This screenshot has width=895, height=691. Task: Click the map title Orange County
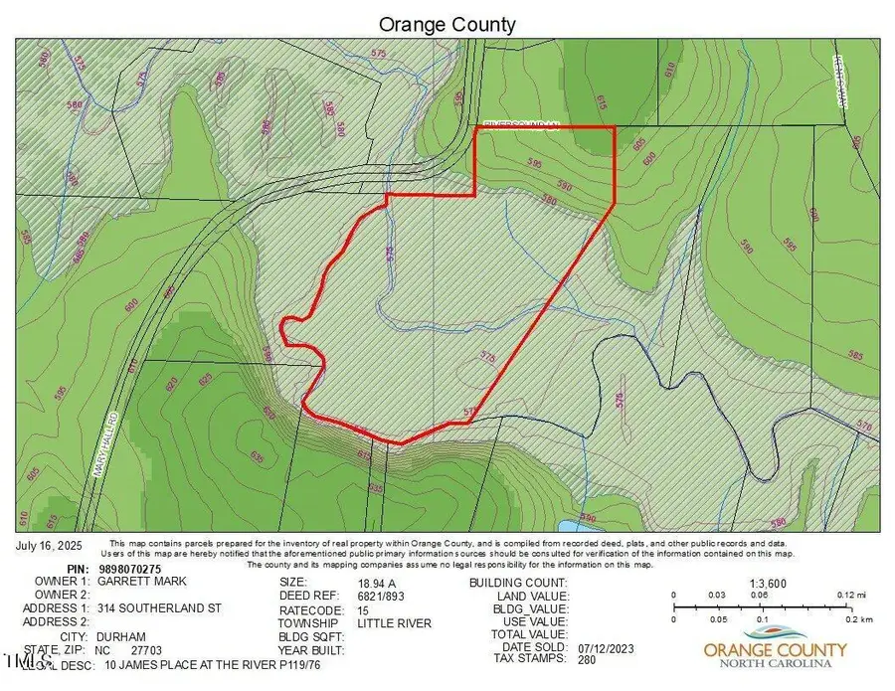pos(447,23)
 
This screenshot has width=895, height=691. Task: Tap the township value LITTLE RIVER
pos(395,623)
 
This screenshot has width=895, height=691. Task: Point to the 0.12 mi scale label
pos(845,595)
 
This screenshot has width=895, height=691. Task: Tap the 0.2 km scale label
pos(846,617)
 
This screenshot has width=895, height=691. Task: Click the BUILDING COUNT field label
pos(518,583)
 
